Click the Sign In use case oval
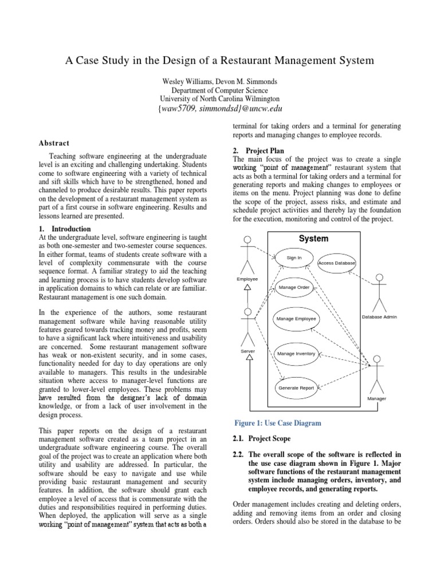pyautogui.click(x=294, y=258)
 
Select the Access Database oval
pyautogui.click(x=337, y=263)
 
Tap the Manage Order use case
pyautogui.click(x=294, y=287)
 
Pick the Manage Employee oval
pyautogui.click(x=296, y=318)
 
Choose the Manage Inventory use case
pyautogui.click(x=296, y=354)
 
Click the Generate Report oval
pyautogui.click(x=296, y=388)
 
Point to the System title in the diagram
pyautogui.click(x=313, y=239)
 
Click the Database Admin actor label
pyautogui.click(x=379, y=316)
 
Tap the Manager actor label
pyautogui.click(x=376, y=398)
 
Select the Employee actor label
pyautogui.click(x=247, y=279)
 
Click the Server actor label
pyautogui.click(x=247, y=350)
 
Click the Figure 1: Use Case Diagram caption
pyautogui.click(x=277, y=423)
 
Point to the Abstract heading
pyautogui.click(x=54, y=144)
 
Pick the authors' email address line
pyautogui.click(x=220, y=109)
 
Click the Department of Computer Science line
pyautogui.click(x=220, y=90)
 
